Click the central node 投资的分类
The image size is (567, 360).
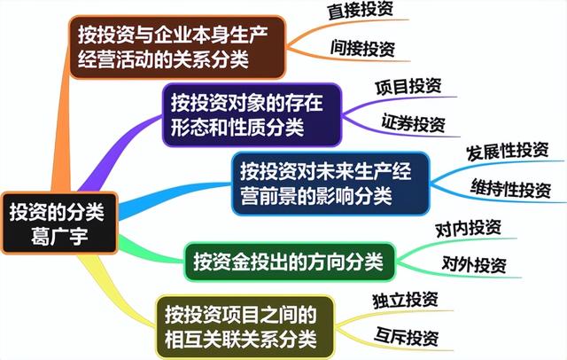pos(59,223)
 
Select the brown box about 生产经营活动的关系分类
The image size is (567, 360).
pos(177,47)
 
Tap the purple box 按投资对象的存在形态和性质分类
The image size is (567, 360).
pos(252,114)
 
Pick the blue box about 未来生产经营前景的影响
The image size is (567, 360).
pos(330,184)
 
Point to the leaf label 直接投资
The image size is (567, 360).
pos(361,10)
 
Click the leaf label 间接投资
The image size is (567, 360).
pos(362,49)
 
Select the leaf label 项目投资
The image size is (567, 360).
pos(408,87)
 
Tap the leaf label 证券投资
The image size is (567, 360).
pos(414,123)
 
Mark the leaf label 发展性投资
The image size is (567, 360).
pos(508,151)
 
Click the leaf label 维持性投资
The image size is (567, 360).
pos(511,188)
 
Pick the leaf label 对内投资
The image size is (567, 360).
pos(469,228)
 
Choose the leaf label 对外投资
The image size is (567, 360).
pos(474,264)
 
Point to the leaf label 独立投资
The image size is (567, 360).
pos(406,301)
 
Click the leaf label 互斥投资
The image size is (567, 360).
pos(407,336)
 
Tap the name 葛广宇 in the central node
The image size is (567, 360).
pos(59,236)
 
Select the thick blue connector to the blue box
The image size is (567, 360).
pos(174,199)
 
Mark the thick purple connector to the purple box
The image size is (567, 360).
pos(116,152)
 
